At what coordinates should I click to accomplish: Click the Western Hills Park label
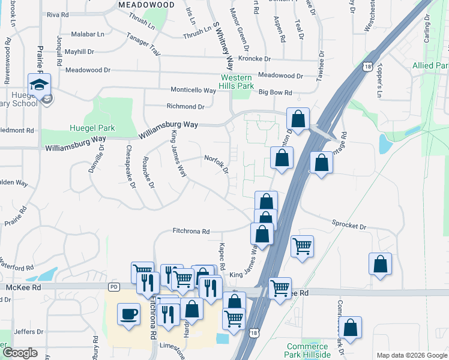coord(237,82)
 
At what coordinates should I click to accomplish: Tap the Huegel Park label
coord(92,128)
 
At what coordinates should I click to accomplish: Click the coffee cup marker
coord(128,315)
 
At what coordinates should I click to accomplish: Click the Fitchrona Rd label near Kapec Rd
coord(191,231)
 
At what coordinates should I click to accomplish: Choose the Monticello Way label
coord(193,91)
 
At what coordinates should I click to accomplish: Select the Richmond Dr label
coord(185,107)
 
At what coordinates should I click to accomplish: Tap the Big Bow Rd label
coord(275,92)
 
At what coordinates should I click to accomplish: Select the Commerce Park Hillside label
coord(307,351)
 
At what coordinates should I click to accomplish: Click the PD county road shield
coord(115,287)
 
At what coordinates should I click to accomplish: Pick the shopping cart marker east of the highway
coord(302,245)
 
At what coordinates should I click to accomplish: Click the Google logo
coord(20,352)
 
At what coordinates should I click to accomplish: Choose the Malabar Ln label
coord(88,35)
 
